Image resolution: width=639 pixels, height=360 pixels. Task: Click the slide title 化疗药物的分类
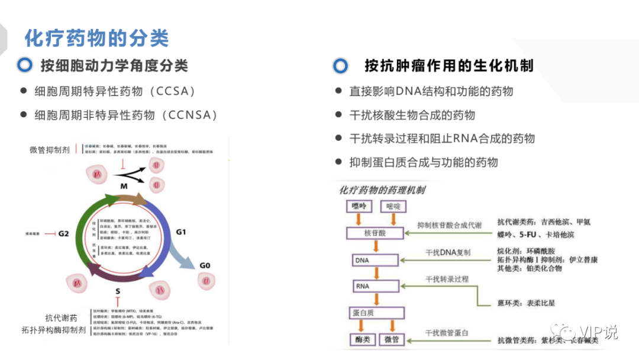coord(96,38)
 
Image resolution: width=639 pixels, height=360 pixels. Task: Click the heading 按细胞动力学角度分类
coord(114,66)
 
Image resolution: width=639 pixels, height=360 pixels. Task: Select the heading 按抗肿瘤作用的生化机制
coord(449,65)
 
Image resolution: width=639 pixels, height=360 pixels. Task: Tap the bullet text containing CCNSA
coord(126,115)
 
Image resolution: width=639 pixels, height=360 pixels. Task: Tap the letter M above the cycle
coord(124,187)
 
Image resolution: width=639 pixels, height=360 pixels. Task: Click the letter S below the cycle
coord(118,291)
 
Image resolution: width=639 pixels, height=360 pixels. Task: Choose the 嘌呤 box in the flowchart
coord(359,207)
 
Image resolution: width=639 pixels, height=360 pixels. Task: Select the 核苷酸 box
coord(375,233)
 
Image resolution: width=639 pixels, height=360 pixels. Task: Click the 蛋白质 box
coord(375,313)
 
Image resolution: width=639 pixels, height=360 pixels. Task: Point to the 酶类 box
coord(359,340)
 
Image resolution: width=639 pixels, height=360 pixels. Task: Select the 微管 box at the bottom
coord(392,340)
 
